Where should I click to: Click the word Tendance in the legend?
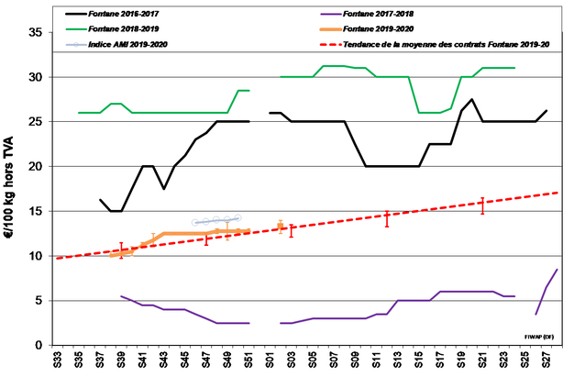pos(360,44)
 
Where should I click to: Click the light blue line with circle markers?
pos(217,220)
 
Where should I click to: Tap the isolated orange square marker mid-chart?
pos(281,226)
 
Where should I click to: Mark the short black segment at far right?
pos(541,116)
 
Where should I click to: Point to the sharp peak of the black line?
pos(471,99)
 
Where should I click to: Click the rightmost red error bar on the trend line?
pos(482,205)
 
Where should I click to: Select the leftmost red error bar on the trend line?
pos(121,250)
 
